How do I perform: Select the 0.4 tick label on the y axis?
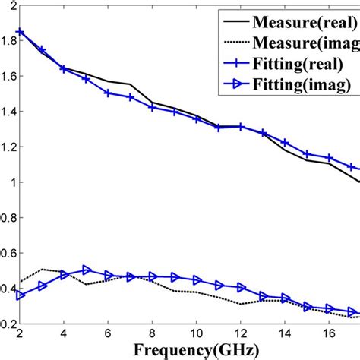click(x=8, y=289)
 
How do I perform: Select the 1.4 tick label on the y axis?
click(x=8, y=112)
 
